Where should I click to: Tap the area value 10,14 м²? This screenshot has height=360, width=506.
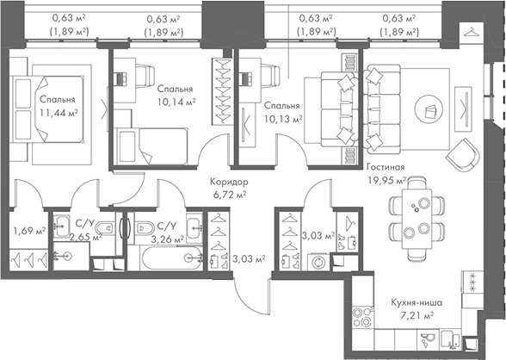tap(176, 101)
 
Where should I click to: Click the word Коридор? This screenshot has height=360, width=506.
tap(229, 183)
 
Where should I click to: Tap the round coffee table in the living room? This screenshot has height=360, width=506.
tap(429, 109)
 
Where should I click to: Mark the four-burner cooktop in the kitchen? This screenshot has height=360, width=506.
tap(471, 282)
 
